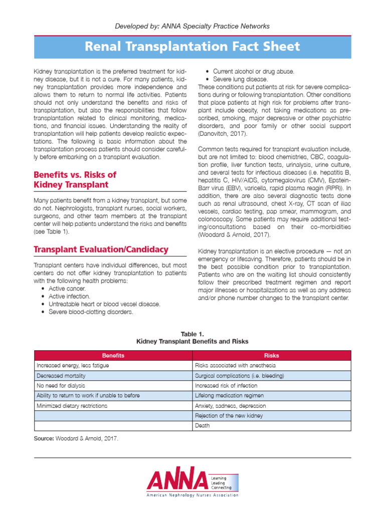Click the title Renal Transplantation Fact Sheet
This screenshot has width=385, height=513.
coord(192,47)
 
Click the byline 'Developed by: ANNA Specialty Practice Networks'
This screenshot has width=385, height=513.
coord(192,26)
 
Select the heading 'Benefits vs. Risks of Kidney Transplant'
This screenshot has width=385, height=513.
coord(75,179)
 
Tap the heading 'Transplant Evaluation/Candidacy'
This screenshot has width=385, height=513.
coord(101,249)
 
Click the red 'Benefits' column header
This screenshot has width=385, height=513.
coord(113,355)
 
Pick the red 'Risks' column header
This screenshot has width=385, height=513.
coord(271,355)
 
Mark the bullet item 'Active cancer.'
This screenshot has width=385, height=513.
coord(67,289)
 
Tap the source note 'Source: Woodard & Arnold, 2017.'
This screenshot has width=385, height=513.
coord(76,438)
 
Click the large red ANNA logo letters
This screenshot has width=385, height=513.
coord(176,480)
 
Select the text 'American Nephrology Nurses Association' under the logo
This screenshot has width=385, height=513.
coord(192,495)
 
